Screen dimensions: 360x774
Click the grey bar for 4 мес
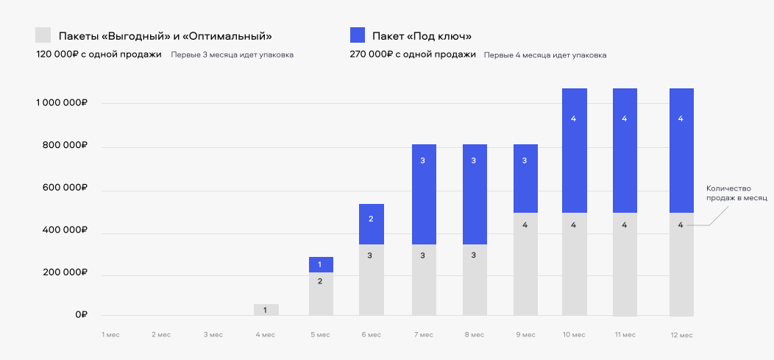pos(266,310)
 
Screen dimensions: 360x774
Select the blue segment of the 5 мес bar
pos(321,264)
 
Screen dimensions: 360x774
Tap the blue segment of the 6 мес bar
pos(372,224)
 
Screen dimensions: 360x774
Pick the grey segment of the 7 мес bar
pos(423,280)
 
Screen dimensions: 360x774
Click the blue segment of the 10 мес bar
pos(575,150)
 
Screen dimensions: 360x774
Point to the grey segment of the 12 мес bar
pos(681,265)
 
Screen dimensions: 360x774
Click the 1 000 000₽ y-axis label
pos(62,103)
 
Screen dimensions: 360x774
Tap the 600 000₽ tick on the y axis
pos(64,188)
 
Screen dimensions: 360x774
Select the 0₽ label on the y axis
pos(82,315)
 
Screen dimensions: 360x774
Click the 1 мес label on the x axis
pos(110,335)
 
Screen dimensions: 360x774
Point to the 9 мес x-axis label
pos(525,335)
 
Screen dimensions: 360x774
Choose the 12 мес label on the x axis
pos(681,335)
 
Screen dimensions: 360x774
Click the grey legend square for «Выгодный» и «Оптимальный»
pos(43,35)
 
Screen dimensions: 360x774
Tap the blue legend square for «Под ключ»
pos(358,35)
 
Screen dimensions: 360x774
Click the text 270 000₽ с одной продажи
pos(413,54)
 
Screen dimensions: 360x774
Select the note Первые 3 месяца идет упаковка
pos(232,55)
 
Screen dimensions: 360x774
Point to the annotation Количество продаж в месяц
pos(736,194)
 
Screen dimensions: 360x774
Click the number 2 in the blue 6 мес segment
pos(372,219)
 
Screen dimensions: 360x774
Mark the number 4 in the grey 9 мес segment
pos(525,225)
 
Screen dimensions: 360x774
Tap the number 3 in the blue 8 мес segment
pos(474,160)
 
